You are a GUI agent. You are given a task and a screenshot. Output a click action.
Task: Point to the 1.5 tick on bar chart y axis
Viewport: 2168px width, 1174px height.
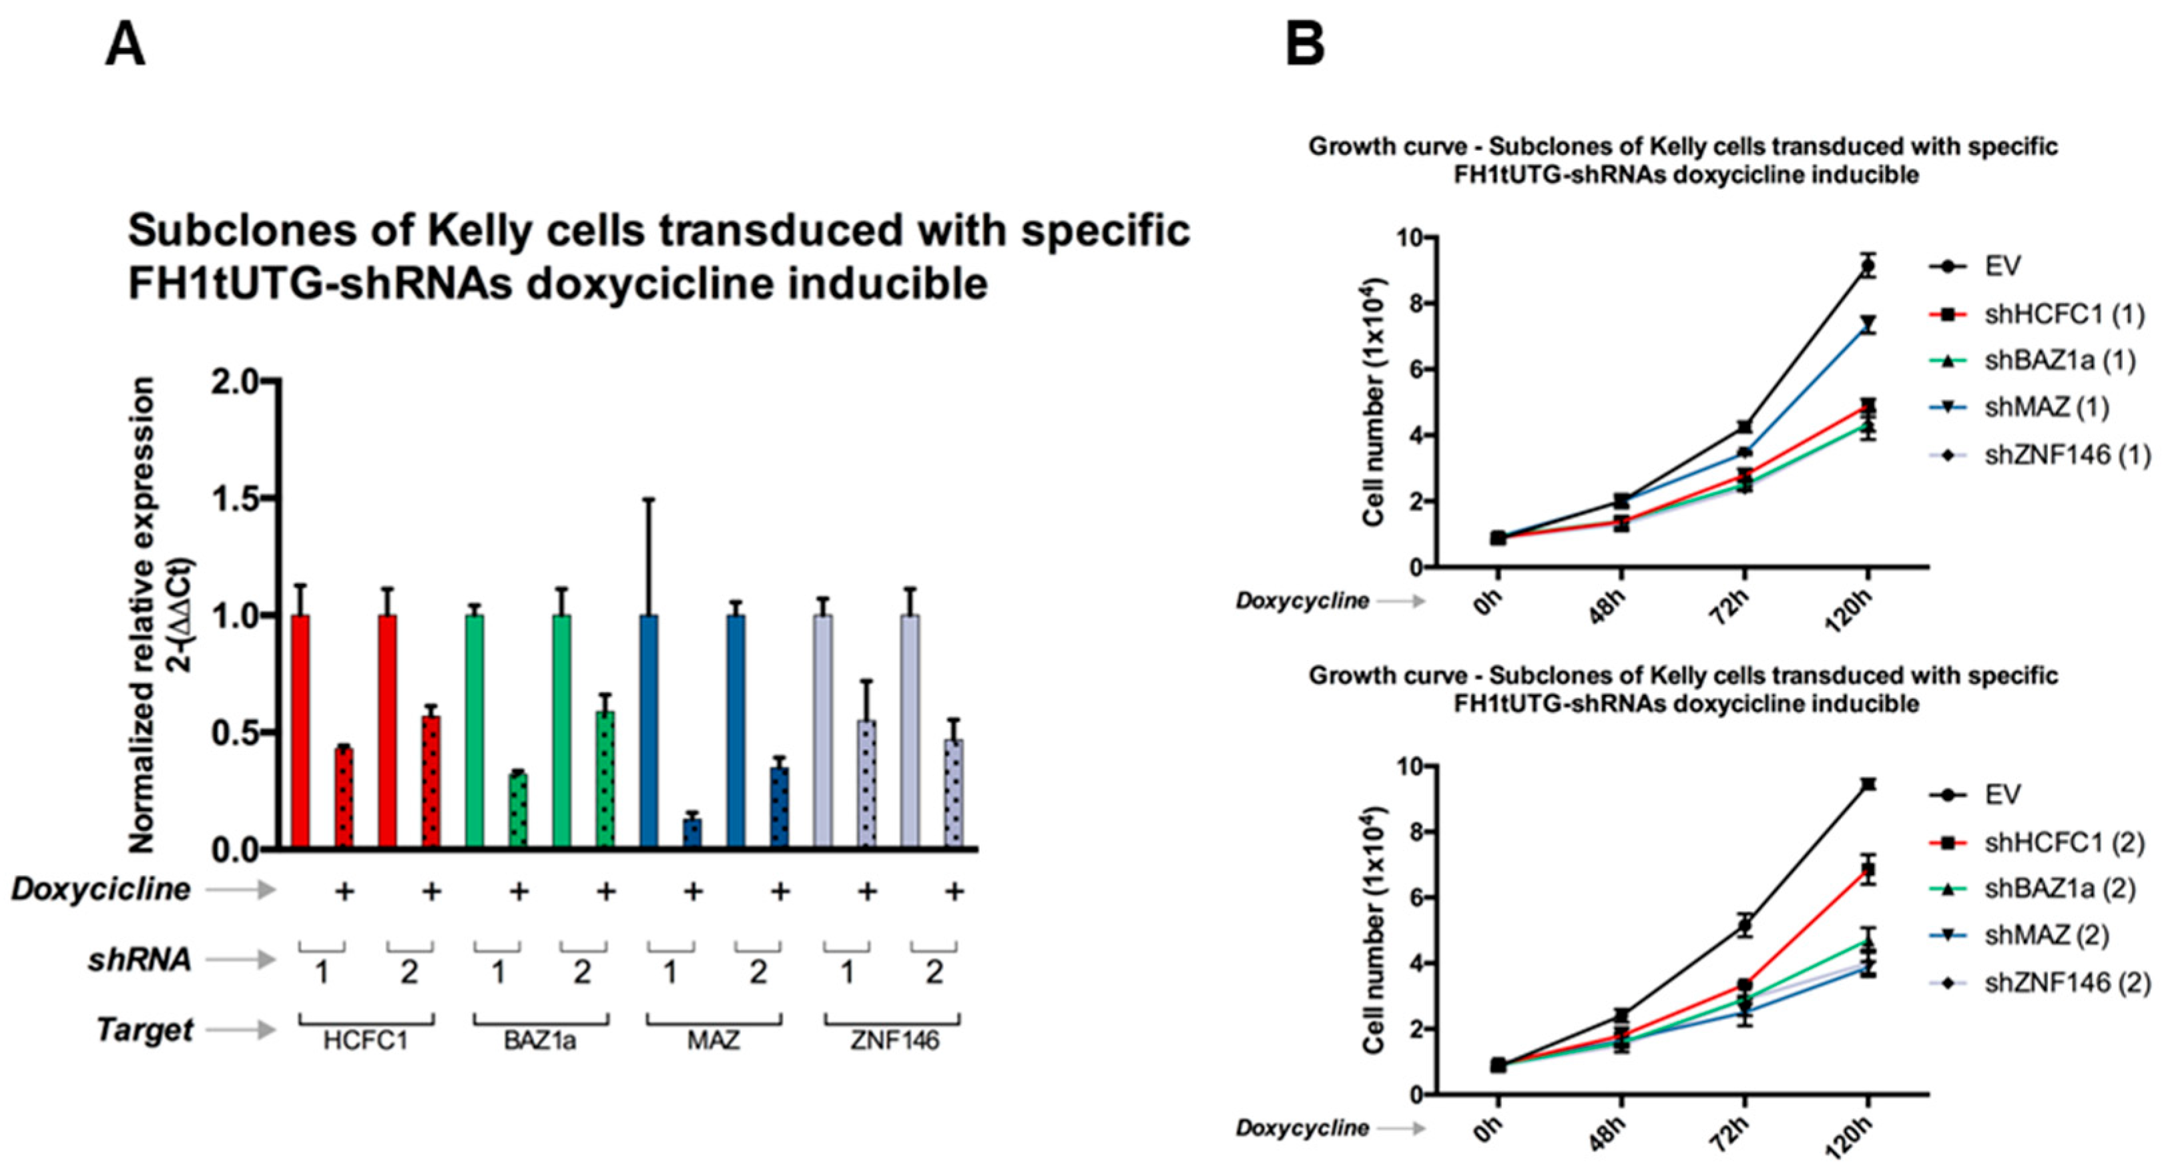[x=238, y=498]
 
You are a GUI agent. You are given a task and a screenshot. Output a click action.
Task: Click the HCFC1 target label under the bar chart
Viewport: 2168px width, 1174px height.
[x=365, y=1041]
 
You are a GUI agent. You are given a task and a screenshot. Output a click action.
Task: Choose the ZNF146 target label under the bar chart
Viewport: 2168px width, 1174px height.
[x=894, y=1041]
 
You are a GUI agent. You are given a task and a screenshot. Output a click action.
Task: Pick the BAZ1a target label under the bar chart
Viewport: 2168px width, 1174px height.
[x=539, y=1041]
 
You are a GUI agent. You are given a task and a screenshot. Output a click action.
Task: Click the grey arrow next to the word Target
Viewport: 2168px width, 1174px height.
[x=241, y=1029]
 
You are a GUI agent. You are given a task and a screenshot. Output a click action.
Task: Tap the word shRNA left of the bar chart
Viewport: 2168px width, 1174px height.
[x=140, y=959]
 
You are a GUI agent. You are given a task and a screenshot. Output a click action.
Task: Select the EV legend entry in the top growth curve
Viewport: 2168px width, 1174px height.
[x=2001, y=267]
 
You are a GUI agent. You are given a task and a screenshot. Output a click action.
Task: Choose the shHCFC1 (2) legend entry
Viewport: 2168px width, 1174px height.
[x=2062, y=842]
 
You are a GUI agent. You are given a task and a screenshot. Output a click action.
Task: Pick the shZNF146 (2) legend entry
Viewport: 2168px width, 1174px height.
[x=2066, y=982]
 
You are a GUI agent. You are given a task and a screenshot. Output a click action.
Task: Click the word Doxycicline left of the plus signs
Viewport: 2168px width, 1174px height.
[x=101, y=890]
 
